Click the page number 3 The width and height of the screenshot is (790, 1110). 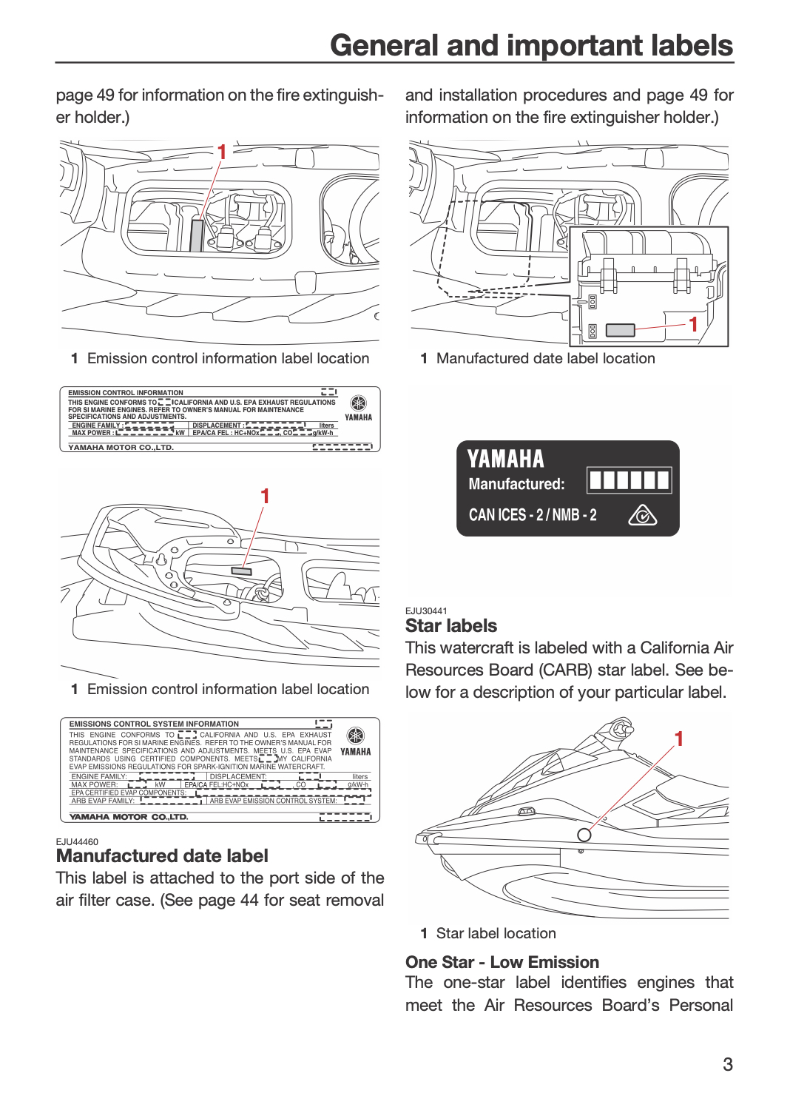[728, 1064]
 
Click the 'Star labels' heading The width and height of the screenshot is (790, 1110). [450, 625]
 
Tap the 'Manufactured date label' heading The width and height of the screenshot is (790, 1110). [162, 855]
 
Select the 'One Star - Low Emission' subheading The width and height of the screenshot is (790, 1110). [502, 962]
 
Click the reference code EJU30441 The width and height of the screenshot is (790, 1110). [426, 611]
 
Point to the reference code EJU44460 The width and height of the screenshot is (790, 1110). [77, 841]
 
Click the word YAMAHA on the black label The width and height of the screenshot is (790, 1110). [505, 458]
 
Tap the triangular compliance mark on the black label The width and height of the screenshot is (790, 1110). [642, 515]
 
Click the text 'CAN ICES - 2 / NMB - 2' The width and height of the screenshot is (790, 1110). [533, 515]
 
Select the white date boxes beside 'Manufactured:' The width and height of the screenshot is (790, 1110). [629, 480]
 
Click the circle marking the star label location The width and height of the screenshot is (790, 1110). [584, 835]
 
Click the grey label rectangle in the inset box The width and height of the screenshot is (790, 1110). [620, 329]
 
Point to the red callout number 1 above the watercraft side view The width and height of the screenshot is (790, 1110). [679, 739]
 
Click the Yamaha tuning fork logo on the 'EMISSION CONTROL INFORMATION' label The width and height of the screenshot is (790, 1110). [357, 403]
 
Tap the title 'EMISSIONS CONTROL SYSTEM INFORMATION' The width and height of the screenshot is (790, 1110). [154, 724]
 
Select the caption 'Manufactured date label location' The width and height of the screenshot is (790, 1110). [545, 358]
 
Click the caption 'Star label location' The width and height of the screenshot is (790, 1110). [496, 933]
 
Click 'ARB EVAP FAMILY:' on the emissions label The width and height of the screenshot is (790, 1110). [103, 800]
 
